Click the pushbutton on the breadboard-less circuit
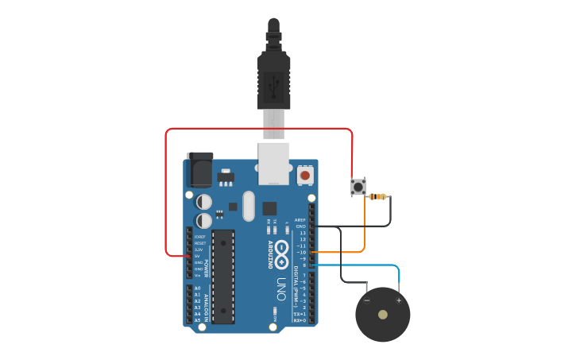click(x=358, y=188)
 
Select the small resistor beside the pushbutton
click(x=379, y=196)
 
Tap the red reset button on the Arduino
click(x=305, y=174)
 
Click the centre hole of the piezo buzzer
click(x=383, y=315)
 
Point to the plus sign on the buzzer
click(x=399, y=300)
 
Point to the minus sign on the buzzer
click(x=367, y=300)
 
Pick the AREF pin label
click(x=300, y=220)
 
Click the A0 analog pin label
click(x=197, y=288)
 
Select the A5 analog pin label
click(x=197, y=320)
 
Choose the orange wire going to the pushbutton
click(x=365, y=230)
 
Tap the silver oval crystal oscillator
click(x=248, y=206)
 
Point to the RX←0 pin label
click(x=300, y=320)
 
